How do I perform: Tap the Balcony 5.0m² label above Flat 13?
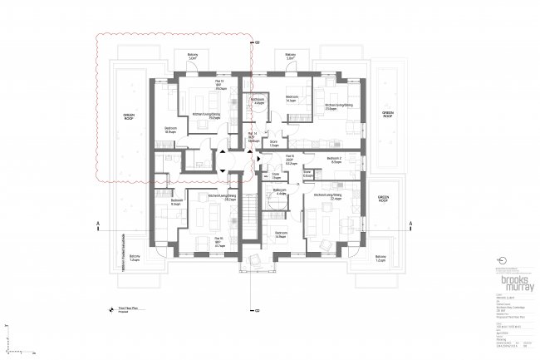click(x=192, y=57)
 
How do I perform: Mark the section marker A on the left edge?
click(x=99, y=224)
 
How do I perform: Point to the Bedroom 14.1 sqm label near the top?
click(x=292, y=98)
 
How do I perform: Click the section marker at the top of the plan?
click(x=257, y=42)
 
